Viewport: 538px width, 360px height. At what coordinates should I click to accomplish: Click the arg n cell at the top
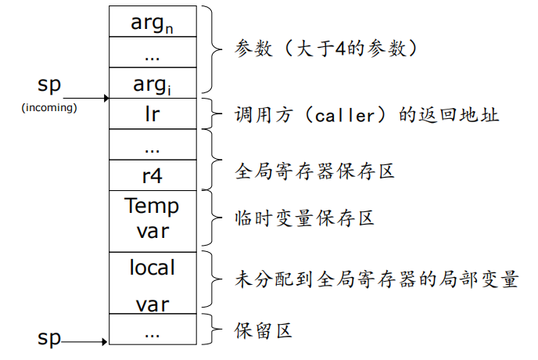pyautogui.click(x=152, y=21)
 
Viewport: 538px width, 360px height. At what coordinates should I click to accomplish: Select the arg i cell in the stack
pyautogui.click(x=152, y=82)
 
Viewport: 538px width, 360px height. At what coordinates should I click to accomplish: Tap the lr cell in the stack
pyautogui.click(x=152, y=113)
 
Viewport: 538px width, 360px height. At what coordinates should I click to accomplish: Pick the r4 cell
pyautogui.click(x=152, y=174)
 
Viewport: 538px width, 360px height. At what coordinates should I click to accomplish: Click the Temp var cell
pyautogui.click(x=152, y=219)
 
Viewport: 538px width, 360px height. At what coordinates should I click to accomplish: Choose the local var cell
pyautogui.click(x=152, y=282)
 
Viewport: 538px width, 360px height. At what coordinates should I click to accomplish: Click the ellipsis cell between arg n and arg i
pyautogui.click(x=152, y=52)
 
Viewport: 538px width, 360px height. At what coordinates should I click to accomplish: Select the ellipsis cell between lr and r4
pyautogui.click(x=152, y=144)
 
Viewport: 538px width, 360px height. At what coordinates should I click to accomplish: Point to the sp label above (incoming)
pyautogui.click(x=48, y=85)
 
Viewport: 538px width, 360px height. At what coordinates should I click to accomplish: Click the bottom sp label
pyautogui.click(x=49, y=337)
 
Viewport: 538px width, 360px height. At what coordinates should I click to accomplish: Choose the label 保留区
pyautogui.click(x=264, y=331)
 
